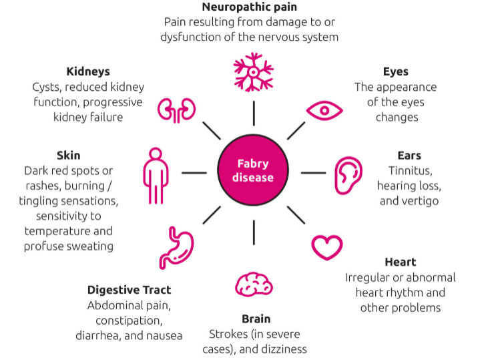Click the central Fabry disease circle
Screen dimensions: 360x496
(254, 172)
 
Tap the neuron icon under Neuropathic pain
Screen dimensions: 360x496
(254, 74)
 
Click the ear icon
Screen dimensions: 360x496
(347, 175)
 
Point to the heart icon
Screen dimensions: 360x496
(327, 247)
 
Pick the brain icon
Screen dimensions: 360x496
(254, 284)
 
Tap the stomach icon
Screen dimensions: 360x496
(176, 248)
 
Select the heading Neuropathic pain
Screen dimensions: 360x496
(249, 8)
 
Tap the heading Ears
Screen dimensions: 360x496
(409, 156)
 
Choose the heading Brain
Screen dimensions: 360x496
(256, 319)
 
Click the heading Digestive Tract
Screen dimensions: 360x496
(129, 290)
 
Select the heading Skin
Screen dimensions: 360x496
(69, 156)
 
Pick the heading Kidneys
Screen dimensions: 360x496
(88, 71)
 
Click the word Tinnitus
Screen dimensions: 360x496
(409, 170)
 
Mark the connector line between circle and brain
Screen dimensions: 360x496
(254, 232)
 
